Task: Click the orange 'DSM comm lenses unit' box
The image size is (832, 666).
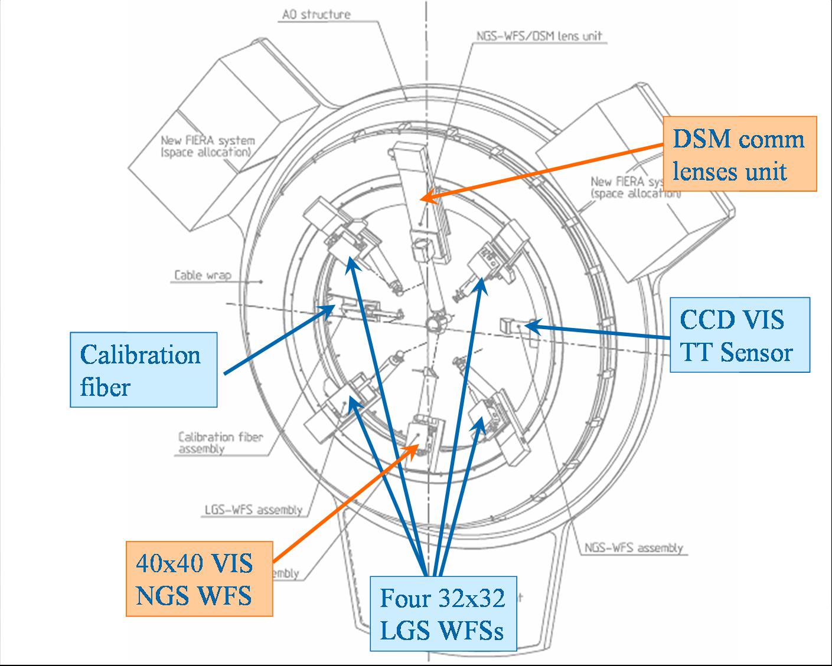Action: click(740, 154)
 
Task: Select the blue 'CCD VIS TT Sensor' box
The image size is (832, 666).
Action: click(739, 335)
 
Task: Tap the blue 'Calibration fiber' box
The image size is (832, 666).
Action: click(143, 370)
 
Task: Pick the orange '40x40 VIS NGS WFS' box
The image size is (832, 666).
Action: click(199, 579)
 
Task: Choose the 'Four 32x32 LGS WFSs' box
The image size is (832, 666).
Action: click(443, 614)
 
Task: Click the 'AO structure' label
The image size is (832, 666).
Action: click(316, 14)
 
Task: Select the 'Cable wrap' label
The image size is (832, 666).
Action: click(203, 275)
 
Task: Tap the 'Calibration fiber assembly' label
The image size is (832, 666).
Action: click(220, 442)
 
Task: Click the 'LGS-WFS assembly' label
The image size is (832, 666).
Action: click(253, 510)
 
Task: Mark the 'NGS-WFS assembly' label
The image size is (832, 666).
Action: click(633, 548)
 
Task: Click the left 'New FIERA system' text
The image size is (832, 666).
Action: click(207, 146)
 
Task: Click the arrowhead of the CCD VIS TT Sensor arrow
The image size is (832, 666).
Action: click(529, 324)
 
